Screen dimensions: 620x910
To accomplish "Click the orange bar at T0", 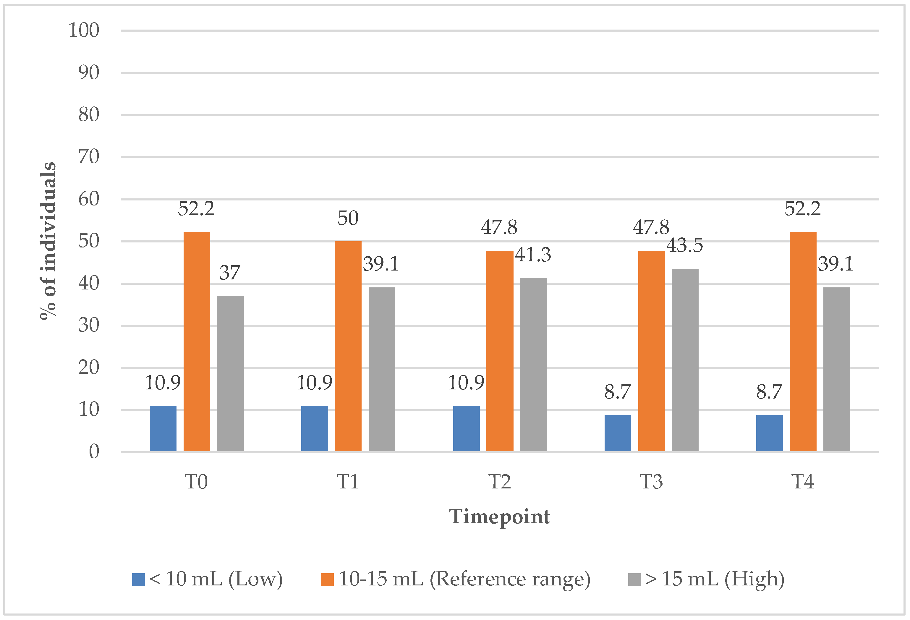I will tap(197, 341).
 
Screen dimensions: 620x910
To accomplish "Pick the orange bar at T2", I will tap(500, 351).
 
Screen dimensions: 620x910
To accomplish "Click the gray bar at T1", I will tap(382, 369).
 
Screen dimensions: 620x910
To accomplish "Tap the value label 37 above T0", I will tap(229, 273).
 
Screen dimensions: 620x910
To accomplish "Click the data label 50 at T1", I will tap(348, 218).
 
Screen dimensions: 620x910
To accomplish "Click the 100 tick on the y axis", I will tap(84, 30).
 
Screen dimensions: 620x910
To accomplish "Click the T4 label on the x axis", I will tap(802, 482).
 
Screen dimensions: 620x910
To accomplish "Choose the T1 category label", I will tap(348, 482).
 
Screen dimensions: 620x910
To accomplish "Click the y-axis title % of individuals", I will tap(48, 241).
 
